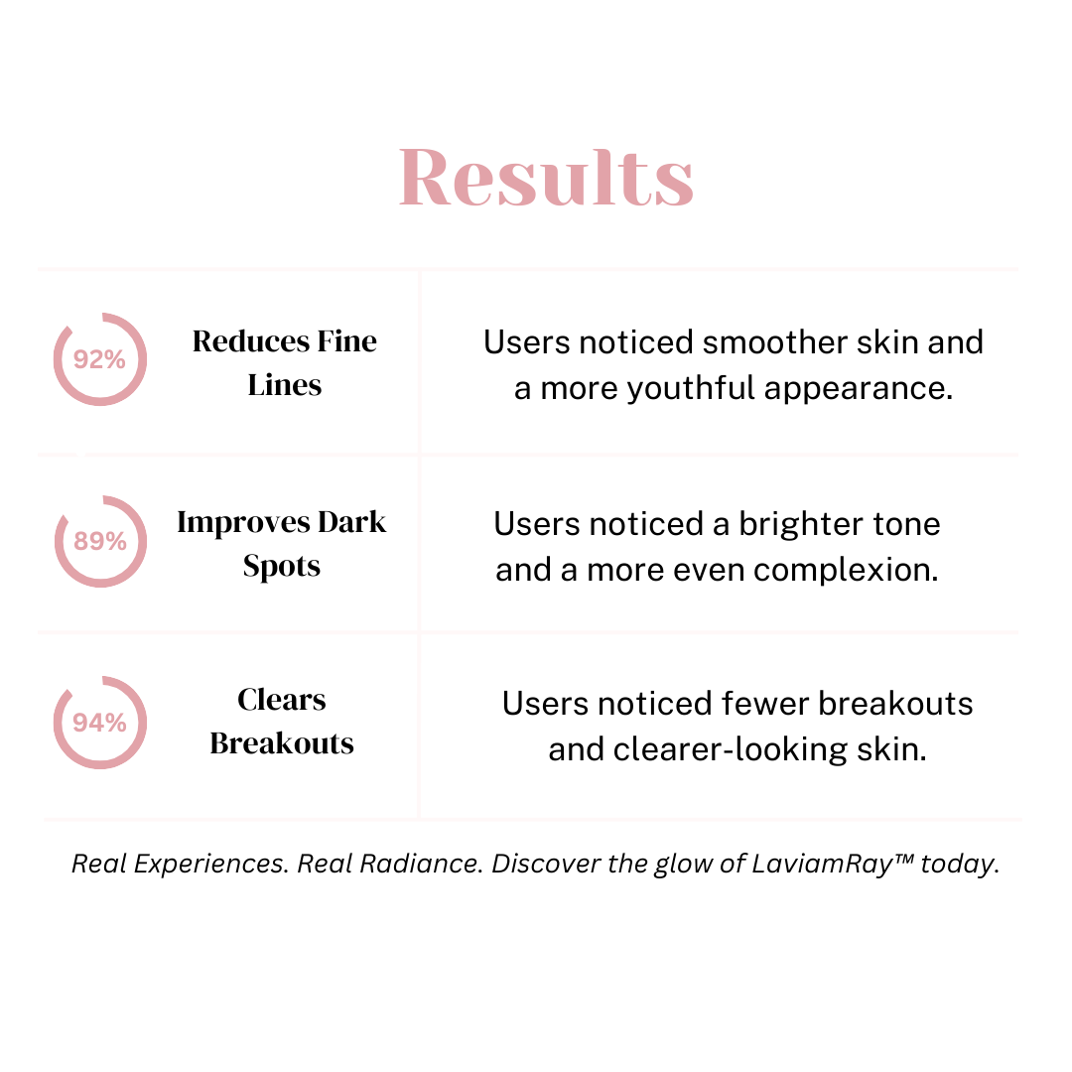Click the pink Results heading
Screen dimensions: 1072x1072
pos(546,177)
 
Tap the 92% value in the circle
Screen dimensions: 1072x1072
pos(100,359)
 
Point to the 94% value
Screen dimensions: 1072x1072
pos(100,722)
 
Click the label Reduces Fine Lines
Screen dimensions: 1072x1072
pos(285,362)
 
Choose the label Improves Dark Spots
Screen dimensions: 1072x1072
pos(282,544)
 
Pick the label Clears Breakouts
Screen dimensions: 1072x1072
pos(282,722)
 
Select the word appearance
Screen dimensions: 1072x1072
pos(858,389)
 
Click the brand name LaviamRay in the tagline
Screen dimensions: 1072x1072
pos(823,865)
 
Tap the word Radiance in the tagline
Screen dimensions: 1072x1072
pos(419,864)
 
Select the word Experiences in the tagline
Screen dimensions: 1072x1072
pos(211,865)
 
